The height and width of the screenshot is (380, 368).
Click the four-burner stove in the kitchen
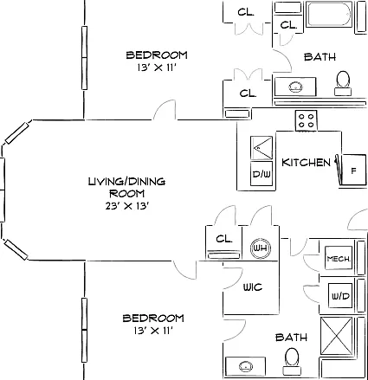point(306,120)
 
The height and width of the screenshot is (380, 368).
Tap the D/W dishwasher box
point(261,174)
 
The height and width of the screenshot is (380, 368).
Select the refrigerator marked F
point(353,171)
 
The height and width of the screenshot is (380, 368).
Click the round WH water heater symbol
point(261,248)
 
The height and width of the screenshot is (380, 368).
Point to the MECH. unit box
point(339,258)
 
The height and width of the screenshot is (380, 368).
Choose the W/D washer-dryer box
point(340,296)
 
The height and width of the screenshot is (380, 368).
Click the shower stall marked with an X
point(337,336)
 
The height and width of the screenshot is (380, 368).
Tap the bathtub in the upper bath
point(329,14)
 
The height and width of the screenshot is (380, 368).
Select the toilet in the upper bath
point(343,83)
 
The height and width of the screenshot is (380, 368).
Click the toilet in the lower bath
point(292,361)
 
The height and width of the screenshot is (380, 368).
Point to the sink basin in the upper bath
point(295,87)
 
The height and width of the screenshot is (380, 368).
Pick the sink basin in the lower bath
point(246,366)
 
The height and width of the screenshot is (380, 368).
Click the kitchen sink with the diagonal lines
point(261,148)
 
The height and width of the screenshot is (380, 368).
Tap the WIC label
point(253,287)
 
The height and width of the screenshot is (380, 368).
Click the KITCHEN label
point(306,163)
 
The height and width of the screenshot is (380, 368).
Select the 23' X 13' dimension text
point(127,206)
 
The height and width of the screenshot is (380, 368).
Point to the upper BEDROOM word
point(157,55)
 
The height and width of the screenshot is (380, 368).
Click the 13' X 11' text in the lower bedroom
point(153,331)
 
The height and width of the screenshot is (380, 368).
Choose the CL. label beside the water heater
point(224,239)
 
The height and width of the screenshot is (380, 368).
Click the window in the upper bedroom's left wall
point(84,58)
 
